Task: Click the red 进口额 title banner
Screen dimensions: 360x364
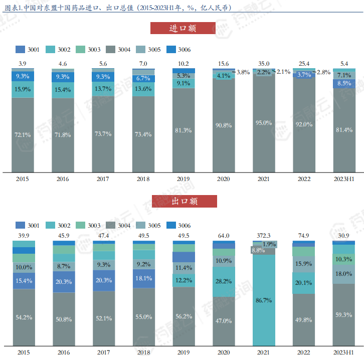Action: click(183, 28)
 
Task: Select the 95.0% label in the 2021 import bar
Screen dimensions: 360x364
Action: click(263, 123)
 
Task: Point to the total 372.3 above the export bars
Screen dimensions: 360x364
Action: click(263, 236)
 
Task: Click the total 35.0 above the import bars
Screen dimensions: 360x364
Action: click(263, 64)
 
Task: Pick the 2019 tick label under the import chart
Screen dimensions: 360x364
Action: click(183, 178)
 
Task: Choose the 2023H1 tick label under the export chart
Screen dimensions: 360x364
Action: click(343, 353)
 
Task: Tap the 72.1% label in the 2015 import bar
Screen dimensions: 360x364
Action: click(23, 135)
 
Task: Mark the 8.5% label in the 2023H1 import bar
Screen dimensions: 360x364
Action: click(344, 83)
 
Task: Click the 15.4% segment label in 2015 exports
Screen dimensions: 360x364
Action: click(23, 281)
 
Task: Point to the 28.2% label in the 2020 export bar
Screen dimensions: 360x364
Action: click(223, 281)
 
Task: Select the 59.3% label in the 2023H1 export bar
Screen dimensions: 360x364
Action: click(344, 314)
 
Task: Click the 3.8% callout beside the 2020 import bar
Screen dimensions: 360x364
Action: click(243, 72)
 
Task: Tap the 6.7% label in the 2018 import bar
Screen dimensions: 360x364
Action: click(143, 78)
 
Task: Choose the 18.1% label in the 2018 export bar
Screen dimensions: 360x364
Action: click(143, 278)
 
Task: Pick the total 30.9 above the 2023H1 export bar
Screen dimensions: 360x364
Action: click(344, 236)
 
